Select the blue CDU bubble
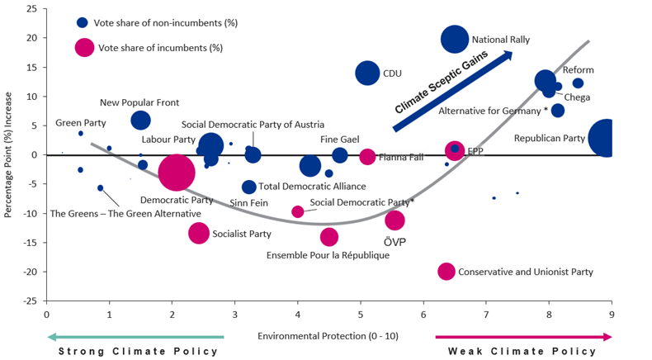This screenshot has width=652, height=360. click(367, 73)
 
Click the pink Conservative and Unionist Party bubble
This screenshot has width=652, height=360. click(446, 271)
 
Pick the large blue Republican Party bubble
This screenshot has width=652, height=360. click(607, 138)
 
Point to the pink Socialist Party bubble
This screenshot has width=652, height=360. click(199, 233)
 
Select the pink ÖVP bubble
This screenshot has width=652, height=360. click(395, 220)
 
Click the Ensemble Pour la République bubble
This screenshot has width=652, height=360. click(329, 237)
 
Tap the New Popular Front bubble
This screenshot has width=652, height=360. click(141, 120)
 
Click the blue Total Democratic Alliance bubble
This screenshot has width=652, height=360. click(249, 187)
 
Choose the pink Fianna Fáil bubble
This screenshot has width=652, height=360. click(367, 157)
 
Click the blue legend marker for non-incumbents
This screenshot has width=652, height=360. click(83, 23)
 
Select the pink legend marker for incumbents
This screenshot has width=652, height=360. click(84, 47)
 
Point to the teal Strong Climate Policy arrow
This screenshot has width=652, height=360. click(135, 337)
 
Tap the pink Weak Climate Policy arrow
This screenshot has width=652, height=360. click(523, 337)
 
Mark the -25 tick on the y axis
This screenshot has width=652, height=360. click(31, 301)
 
